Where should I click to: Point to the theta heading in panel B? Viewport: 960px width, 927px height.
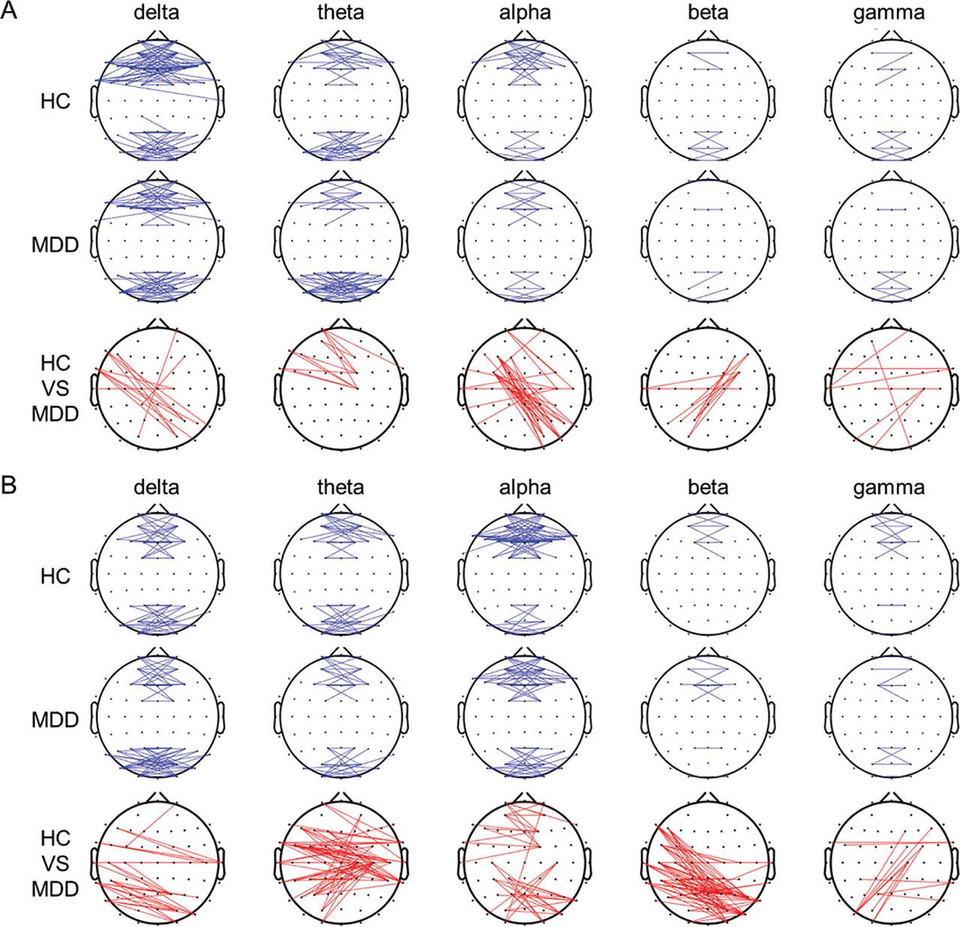(x=340, y=487)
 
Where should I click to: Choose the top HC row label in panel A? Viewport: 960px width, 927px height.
(x=55, y=101)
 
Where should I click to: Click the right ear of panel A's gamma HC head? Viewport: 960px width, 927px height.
(x=958, y=101)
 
